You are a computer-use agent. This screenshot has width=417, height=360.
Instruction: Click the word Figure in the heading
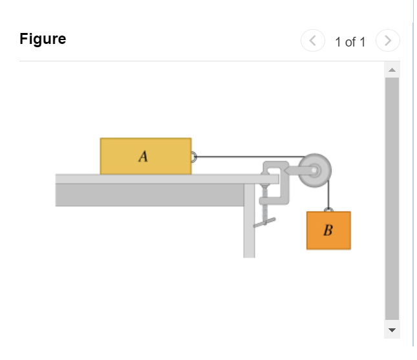(x=43, y=39)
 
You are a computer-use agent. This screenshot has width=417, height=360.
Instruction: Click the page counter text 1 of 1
(x=350, y=42)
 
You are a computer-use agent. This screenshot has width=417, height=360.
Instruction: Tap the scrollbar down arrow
(x=391, y=330)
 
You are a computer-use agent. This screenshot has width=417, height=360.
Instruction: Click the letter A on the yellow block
(x=144, y=156)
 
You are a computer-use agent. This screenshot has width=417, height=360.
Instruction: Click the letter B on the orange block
(x=328, y=230)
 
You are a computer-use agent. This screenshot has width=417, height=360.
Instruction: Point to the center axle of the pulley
(x=315, y=171)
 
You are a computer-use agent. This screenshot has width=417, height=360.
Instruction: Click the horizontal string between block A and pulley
(x=246, y=156)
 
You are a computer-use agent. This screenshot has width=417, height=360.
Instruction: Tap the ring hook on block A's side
(x=193, y=156)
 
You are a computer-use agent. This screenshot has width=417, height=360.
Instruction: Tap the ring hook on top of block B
(x=328, y=209)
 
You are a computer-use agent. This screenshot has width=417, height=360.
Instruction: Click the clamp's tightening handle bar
(x=264, y=223)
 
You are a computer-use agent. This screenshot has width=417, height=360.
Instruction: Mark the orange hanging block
(x=328, y=235)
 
